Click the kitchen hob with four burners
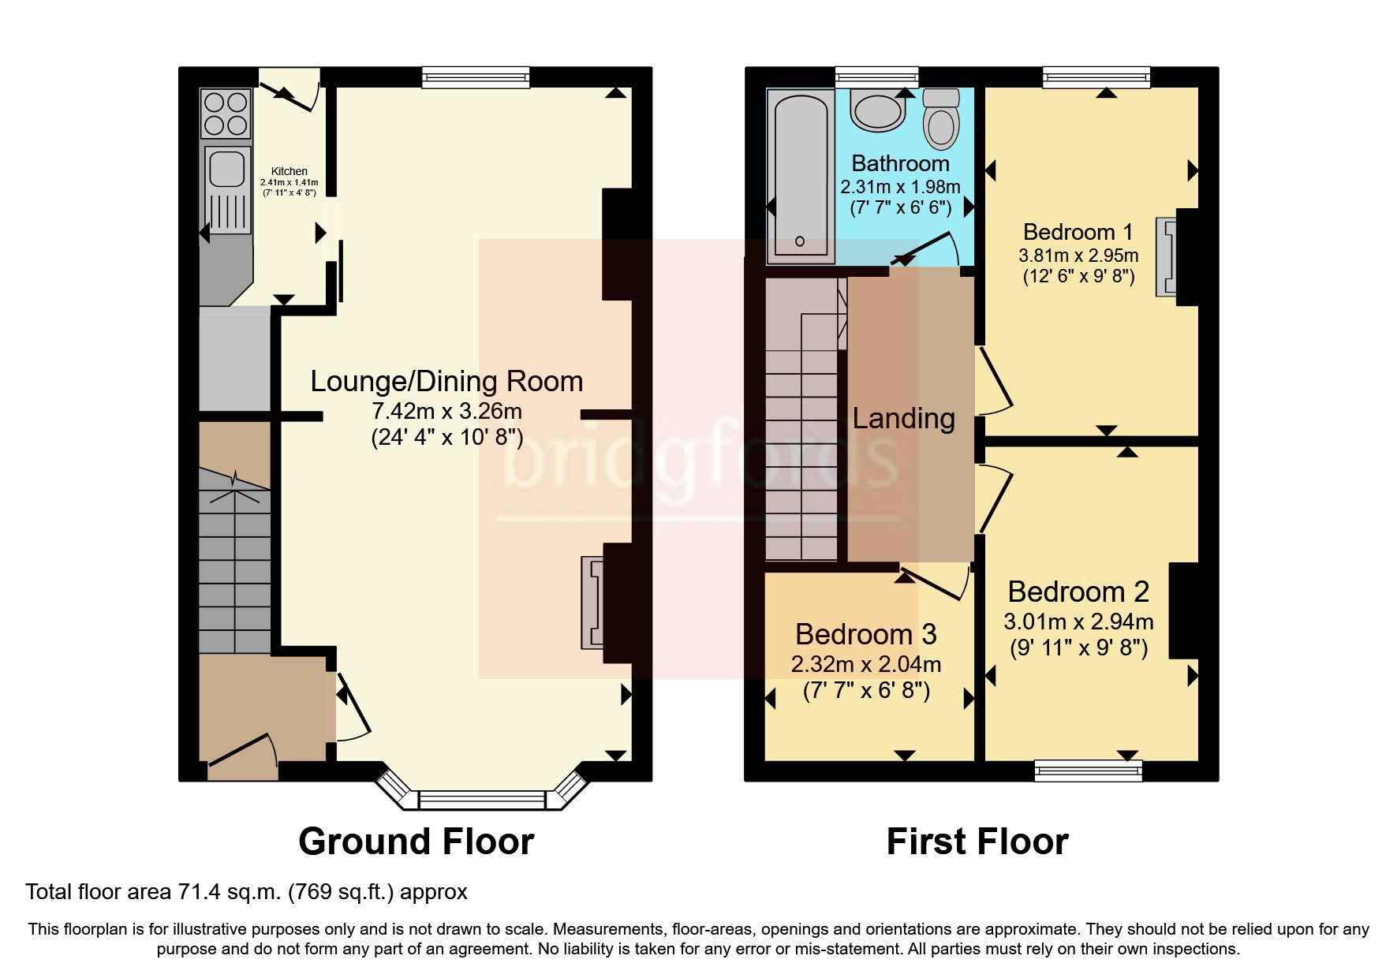point(226,114)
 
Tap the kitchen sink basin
point(227,168)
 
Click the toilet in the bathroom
point(941,120)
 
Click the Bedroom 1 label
point(1078,232)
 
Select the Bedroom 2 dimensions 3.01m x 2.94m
point(1078,622)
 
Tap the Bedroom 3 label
point(865,634)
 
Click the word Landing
point(903,418)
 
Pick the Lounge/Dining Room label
point(446,381)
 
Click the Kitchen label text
point(289,171)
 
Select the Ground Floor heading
point(416,842)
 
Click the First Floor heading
point(977,842)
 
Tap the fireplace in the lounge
point(592,603)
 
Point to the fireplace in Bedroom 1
point(1166,257)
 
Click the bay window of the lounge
point(481,798)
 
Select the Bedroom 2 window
point(1088,770)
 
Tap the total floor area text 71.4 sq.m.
point(246,892)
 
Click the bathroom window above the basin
point(876,77)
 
